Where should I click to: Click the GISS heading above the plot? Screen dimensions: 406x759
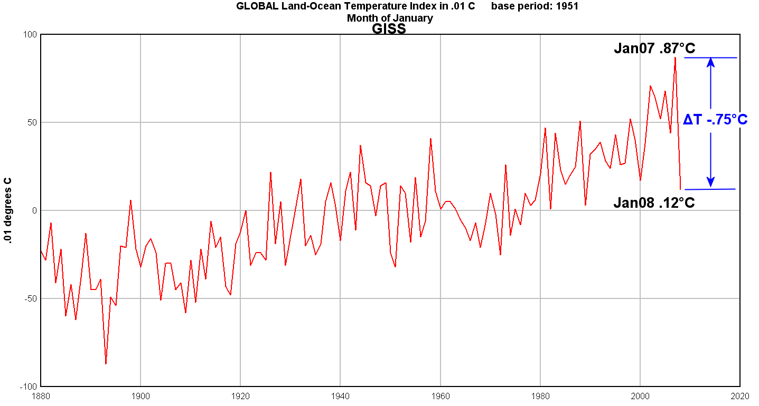tap(389, 29)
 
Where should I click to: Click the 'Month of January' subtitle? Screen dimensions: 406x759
tap(390, 18)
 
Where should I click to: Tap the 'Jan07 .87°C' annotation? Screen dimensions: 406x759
tap(654, 49)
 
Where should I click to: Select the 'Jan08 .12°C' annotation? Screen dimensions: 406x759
tap(654, 202)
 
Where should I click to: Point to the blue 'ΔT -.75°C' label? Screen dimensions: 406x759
tap(715, 120)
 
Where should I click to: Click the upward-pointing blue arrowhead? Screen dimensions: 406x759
tap(711, 62)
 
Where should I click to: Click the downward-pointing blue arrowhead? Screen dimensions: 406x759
tap(711, 182)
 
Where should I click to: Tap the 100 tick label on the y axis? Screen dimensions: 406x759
tap(29, 35)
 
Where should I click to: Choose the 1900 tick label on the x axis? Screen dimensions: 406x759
tap(140, 395)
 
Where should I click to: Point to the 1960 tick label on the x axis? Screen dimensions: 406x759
tap(440, 395)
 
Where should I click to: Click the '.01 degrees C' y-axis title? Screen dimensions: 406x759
tap(8, 210)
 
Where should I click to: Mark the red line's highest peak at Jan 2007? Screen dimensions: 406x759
tap(675, 57)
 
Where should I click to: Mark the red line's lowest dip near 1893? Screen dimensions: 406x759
tap(106, 363)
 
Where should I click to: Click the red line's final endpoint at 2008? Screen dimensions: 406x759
tap(680, 189)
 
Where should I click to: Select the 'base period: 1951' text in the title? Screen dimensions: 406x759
tap(535, 6)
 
